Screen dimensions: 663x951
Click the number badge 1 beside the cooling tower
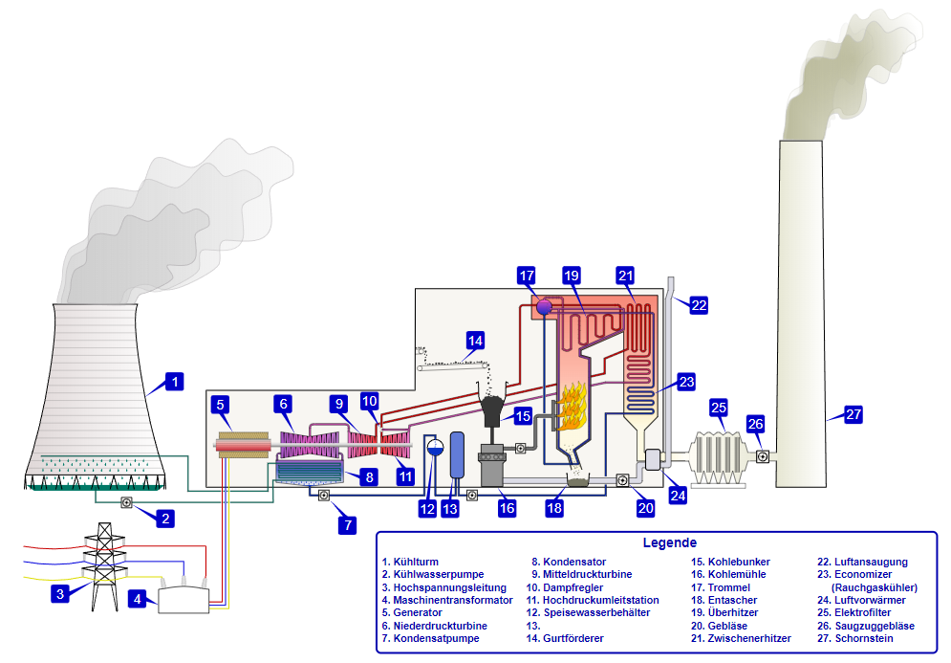pyautogui.click(x=173, y=382)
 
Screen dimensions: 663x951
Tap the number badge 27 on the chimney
pyautogui.click(x=853, y=414)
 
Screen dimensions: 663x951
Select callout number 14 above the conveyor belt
pyautogui.click(x=475, y=339)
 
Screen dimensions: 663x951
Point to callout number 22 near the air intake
pyautogui.click(x=699, y=305)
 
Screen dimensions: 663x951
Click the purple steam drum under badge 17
pyautogui.click(x=544, y=306)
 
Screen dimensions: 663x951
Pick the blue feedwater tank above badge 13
pyautogui.click(x=457, y=454)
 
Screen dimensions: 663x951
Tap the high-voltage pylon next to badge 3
pyautogui.click(x=104, y=564)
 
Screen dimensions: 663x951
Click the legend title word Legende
pyautogui.click(x=669, y=542)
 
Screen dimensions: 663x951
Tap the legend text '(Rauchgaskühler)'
pyautogui.click(x=875, y=587)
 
